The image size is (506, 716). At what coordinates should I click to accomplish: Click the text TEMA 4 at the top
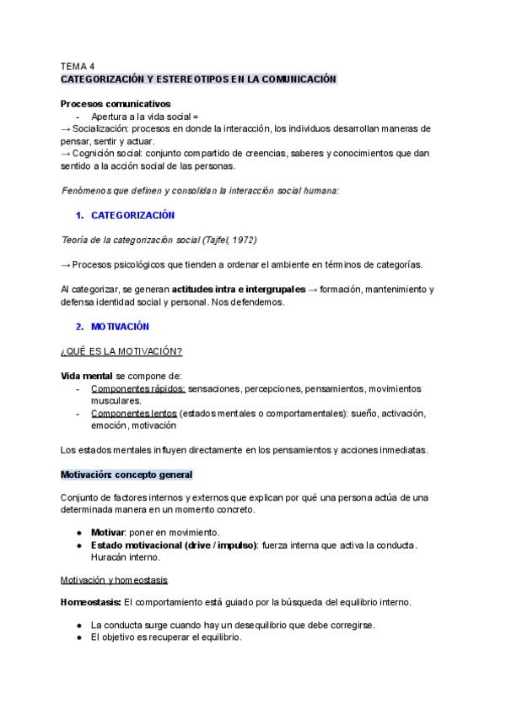[x=78, y=65]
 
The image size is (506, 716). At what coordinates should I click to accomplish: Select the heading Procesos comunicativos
[x=115, y=104]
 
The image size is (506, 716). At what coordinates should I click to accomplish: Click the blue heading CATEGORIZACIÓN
[x=132, y=215]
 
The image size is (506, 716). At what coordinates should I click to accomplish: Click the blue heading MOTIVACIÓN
[x=120, y=326]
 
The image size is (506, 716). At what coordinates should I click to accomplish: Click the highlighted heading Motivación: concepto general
[x=126, y=475]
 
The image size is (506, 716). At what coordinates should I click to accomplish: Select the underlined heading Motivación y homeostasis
[x=114, y=581]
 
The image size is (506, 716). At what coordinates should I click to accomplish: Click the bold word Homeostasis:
[x=90, y=602]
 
